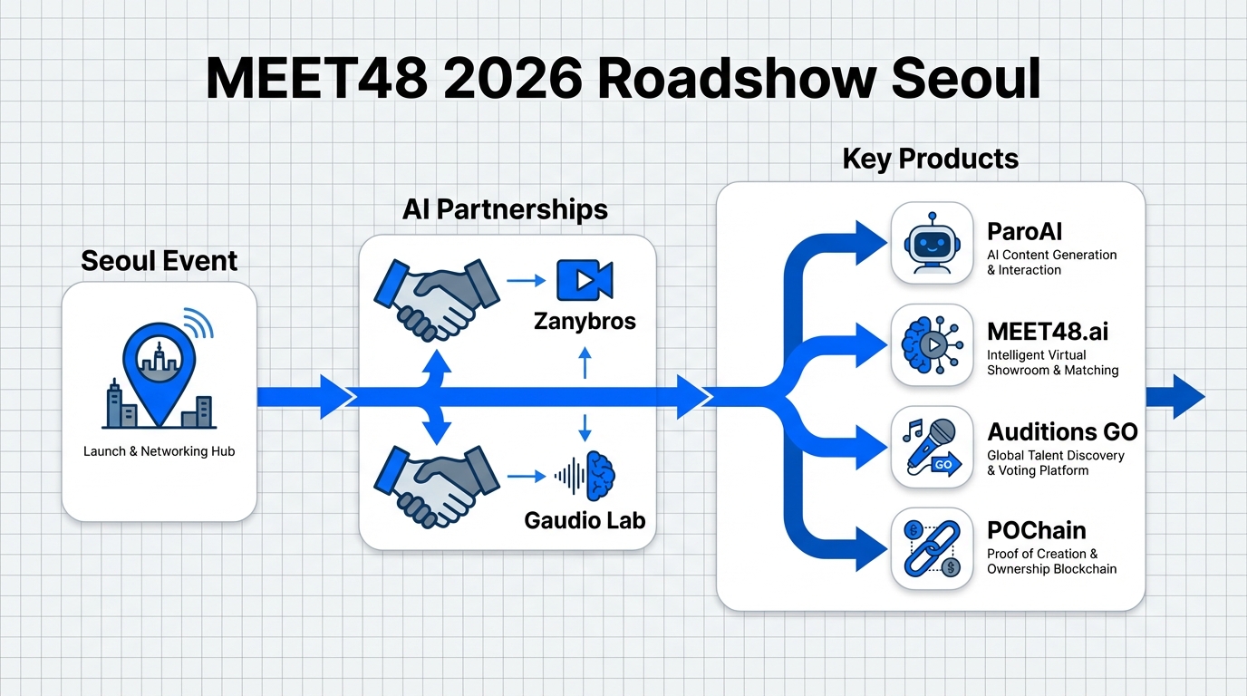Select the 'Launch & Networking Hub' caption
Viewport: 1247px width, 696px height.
[159, 451]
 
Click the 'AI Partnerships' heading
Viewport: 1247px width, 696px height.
[505, 209]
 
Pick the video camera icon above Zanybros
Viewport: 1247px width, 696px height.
[585, 280]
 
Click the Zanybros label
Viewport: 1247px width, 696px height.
[585, 321]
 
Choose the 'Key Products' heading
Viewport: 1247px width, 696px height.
[930, 159]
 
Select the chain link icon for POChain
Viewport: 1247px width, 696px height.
[933, 548]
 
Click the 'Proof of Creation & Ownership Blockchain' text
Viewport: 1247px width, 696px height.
[1051, 561]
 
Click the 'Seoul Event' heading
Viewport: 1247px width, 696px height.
[159, 261]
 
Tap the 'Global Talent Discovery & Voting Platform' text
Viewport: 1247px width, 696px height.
[1055, 462]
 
